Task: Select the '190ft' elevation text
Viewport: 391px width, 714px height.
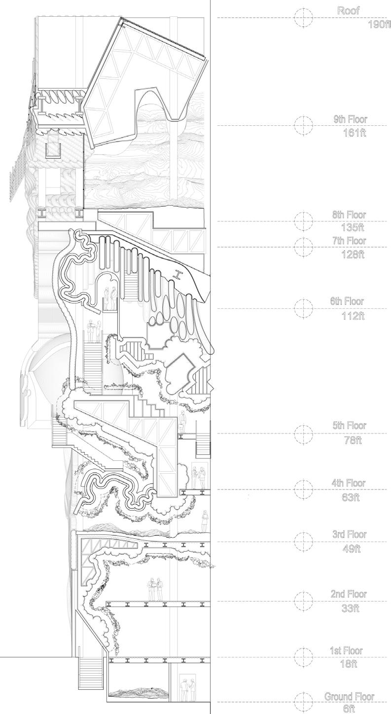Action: pos(379,24)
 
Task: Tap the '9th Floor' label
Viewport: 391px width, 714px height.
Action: pos(350,119)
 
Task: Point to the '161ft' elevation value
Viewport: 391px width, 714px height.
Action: pos(355,133)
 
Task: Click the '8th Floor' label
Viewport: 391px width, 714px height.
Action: pos(349,215)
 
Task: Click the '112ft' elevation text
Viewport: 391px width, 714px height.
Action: pos(353,316)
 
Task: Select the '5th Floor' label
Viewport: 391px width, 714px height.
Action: pos(349,426)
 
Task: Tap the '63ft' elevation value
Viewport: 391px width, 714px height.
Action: pos(351,497)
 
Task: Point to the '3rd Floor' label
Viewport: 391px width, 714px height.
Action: pos(350,535)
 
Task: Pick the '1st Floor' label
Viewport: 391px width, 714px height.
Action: pos(346,651)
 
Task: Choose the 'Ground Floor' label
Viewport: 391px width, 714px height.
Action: pos(349,697)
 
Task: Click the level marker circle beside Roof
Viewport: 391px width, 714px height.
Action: pos(304,18)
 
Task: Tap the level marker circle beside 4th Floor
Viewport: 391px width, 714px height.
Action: pos(304,489)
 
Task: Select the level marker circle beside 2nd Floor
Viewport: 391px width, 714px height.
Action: pos(304,601)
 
